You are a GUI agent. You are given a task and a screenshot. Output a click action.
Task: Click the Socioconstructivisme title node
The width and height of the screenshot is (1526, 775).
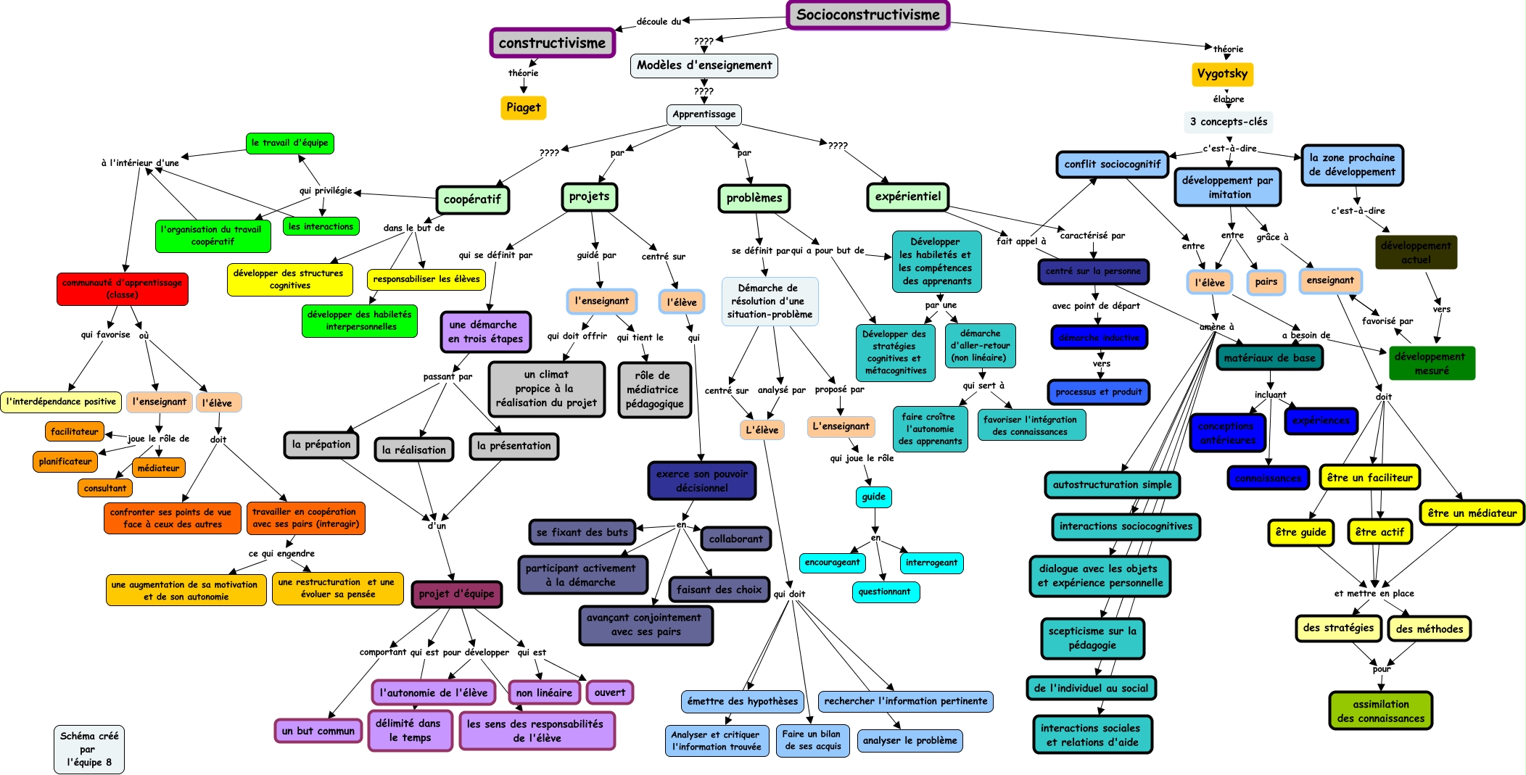pos(867,14)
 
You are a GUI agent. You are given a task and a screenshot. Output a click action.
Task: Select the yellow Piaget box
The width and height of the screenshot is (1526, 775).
pos(523,107)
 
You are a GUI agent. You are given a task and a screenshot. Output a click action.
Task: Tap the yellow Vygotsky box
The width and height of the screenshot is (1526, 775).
pos(1222,73)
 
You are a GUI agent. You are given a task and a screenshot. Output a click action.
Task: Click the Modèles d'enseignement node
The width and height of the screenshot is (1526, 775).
pos(704,65)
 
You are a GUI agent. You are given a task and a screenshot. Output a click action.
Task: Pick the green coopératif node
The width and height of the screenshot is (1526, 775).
pos(472,199)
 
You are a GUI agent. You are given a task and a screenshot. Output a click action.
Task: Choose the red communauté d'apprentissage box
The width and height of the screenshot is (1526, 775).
pos(122,289)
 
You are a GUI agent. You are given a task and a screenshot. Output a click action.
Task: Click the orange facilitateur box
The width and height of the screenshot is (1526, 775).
pos(74,431)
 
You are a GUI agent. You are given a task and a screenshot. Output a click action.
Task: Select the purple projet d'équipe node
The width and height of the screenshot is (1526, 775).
pos(456,594)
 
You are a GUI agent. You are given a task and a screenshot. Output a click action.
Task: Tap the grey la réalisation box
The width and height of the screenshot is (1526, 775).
pos(413,449)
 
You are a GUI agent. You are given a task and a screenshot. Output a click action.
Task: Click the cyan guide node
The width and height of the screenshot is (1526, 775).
pos(873,497)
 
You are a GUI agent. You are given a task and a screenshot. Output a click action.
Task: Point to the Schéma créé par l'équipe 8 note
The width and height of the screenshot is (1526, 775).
pos(88,748)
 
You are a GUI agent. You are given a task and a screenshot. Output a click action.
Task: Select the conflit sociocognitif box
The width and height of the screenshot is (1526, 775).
pos(1112,165)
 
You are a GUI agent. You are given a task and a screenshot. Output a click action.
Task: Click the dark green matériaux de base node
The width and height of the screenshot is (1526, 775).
pos(1269,357)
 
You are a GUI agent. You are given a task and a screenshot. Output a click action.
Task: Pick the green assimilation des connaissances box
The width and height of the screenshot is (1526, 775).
pos(1380,710)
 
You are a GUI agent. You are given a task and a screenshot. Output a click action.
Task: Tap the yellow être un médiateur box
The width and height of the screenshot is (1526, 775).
pos(1472,513)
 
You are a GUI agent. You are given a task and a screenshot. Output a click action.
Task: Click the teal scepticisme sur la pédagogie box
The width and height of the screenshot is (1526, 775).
pos(1092,638)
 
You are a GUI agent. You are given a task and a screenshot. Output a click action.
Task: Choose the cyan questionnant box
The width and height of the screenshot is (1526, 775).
pos(884,592)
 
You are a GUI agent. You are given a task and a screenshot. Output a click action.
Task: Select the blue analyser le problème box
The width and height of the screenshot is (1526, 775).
pos(910,740)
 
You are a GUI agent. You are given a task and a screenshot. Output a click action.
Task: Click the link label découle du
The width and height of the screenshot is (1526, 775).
pos(659,21)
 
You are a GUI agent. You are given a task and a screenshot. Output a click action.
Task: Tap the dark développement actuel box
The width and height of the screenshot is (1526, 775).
pos(1416,252)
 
